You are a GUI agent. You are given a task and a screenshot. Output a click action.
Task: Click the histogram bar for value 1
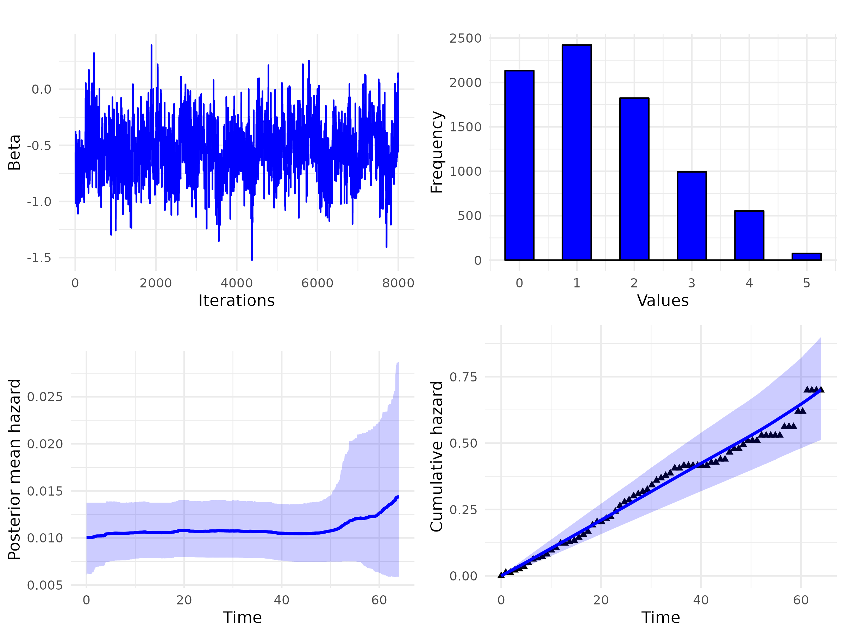tap(577, 153)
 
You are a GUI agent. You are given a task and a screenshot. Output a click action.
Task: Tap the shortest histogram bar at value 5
tap(806, 256)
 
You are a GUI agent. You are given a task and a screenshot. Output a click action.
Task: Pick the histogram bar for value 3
tap(691, 216)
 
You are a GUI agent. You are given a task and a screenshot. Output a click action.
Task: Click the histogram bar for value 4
tap(749, 235)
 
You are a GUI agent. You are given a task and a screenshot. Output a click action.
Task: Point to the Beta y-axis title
tap(14, 152)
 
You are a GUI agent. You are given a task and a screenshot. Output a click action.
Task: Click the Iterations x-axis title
tap(237, 301)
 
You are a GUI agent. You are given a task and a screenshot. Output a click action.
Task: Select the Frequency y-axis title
tap(437, 152)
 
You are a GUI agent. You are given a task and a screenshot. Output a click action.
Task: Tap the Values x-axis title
tap(663, 301)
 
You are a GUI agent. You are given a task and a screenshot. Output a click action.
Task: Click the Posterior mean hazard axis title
tap(14, 469)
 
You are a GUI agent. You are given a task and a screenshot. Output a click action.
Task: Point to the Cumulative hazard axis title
tap(437, 456)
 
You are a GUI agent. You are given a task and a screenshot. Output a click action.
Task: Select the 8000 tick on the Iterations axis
tap(398, 283)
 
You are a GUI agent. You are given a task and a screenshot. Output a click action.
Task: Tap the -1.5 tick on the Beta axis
tap(39, 258)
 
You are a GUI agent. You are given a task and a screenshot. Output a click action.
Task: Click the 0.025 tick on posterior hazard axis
tap(45, 397)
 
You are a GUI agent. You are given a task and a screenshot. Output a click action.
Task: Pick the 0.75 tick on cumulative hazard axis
tap(463, 377)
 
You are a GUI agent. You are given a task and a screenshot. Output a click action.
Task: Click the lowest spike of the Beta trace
tap(252, 259)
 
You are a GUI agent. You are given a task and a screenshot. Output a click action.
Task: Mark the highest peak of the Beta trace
tap(151, 45)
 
